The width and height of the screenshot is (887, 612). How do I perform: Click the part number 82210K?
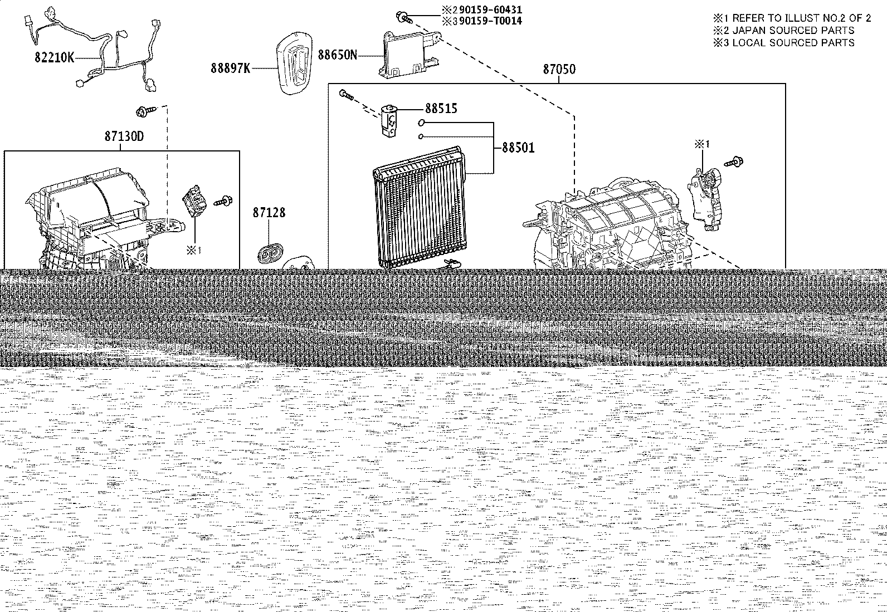(54, 58)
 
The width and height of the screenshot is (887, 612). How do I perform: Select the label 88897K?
(231, 68)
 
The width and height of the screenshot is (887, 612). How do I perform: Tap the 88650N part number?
(338, 55)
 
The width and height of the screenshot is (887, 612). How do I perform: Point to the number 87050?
(559, 69)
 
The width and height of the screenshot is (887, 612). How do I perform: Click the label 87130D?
(124, 136)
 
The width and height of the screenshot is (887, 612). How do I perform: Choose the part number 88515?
(441, 109)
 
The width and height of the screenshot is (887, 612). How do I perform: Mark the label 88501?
(518, 148)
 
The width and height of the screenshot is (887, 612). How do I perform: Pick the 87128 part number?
(269, 213)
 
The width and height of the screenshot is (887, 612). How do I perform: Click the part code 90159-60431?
(490, 9)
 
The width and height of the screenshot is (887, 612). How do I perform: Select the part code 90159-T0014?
(490, 21)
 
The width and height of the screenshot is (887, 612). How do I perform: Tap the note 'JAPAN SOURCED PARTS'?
(793, 31)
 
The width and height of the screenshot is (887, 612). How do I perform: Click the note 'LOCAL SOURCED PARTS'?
(793, 43)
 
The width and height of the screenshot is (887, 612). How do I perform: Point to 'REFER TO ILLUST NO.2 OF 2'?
(801, 18)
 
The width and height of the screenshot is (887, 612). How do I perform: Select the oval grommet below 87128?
(270, 253)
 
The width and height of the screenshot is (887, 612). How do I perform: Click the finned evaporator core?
(419, 208)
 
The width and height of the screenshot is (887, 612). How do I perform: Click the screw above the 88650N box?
(403, 17)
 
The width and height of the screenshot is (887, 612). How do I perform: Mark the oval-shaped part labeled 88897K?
(294, 63)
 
